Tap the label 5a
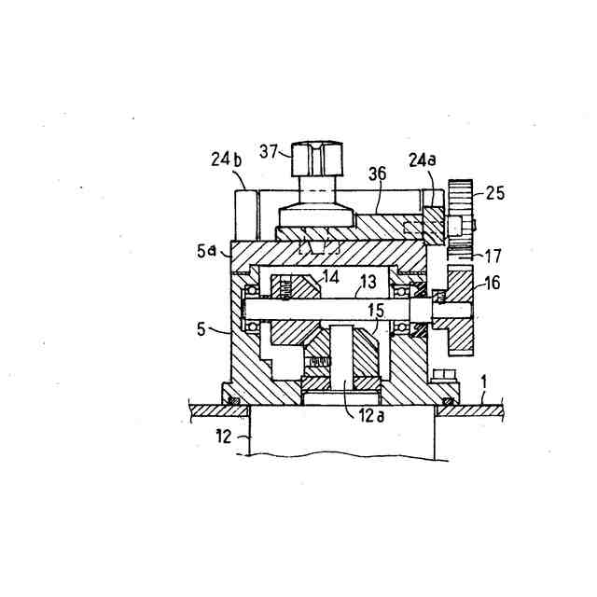click(x=207, y=253)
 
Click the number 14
click(x=331, y=277)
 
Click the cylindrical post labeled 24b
click(x=245, y=215)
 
